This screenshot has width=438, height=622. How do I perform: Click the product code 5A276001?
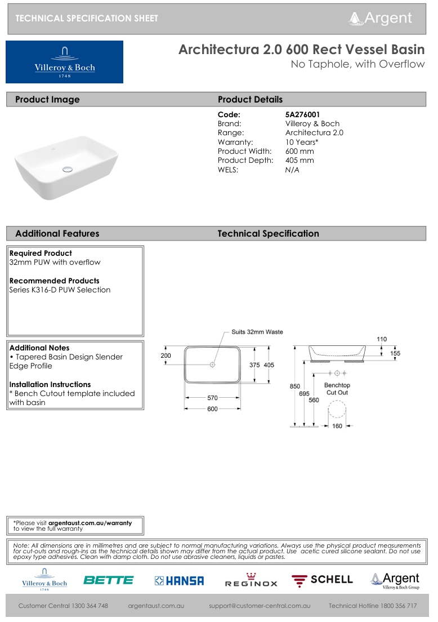tap(302, 114)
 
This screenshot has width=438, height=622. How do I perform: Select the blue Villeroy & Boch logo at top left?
tap(65, 62)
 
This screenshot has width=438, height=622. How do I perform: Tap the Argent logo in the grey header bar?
tap(381, 18)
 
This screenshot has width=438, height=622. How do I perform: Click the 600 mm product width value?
tap(300, 151)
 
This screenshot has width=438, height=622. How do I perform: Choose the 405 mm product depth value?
tap(300, 160)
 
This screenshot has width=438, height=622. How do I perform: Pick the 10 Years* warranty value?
tap(302, 142)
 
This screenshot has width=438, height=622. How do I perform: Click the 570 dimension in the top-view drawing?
tap(212, 397)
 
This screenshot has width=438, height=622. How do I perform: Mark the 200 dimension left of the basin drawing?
tap(166, 356)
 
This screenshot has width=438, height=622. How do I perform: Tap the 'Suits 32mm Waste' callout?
tap(257, 332)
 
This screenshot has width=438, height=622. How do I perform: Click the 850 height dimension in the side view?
tap(294, 386)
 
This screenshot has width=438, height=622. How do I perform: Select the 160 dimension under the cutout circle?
tap(337, 426)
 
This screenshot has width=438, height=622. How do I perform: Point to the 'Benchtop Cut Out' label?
tap(337, 389)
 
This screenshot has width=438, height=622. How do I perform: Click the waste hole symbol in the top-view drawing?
tap(212, 365)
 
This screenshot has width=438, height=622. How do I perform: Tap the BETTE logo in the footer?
tap(109, 580)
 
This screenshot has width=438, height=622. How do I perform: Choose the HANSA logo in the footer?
tap(180, 580)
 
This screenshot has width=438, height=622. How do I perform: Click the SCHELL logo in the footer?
tap(322, 580)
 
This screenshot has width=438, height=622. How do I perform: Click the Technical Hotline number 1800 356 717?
tap(373, 606)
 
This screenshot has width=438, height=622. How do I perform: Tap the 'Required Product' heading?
tap(41, 253)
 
